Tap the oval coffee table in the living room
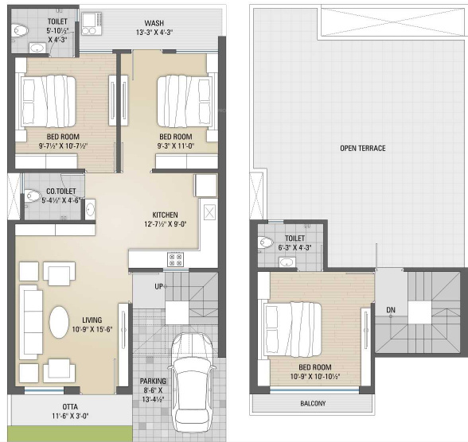coord(61,323)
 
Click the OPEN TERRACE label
coord(362,149)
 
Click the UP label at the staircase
coord(159,286)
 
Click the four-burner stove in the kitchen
coord(174,259)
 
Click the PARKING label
coord(153,382)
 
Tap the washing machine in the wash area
coord(90,25)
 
